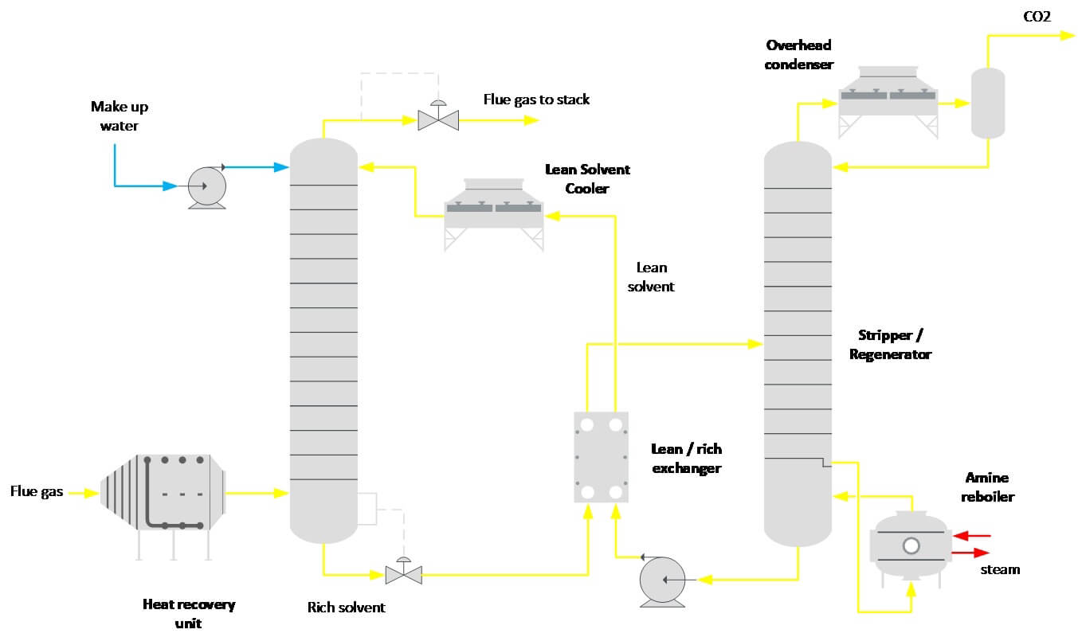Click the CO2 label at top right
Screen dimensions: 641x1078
(1036, 16)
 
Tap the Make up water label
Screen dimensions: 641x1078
(119, 115)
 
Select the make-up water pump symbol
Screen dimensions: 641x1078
(206, 186)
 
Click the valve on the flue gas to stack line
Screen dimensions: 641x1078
(437, 119)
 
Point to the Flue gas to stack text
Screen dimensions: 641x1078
(536, 100)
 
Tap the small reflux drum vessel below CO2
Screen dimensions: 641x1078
(987, 102)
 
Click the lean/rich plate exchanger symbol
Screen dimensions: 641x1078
(601, 457)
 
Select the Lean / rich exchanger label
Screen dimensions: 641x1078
(686, 459)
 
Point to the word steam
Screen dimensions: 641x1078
(999, 569)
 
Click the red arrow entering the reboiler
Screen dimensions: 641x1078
(970, 536)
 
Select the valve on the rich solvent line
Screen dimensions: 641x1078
(403, 573)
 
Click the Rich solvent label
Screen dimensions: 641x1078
(346, 608)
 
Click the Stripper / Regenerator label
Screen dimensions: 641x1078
(890, 345)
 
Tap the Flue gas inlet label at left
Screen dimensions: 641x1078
(36, 492)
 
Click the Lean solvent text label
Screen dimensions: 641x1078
(651, 277)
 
